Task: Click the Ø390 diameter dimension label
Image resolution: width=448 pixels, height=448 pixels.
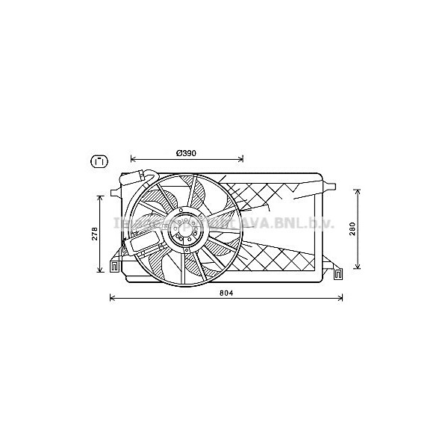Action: [186, 152]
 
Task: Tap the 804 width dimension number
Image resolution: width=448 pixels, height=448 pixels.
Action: [227, 292]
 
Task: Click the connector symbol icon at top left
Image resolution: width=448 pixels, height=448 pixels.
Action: [98, 161]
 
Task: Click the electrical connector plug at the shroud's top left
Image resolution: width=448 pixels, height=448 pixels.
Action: [137, 178]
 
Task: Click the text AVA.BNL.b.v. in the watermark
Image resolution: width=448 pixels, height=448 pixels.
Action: [288, 224]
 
